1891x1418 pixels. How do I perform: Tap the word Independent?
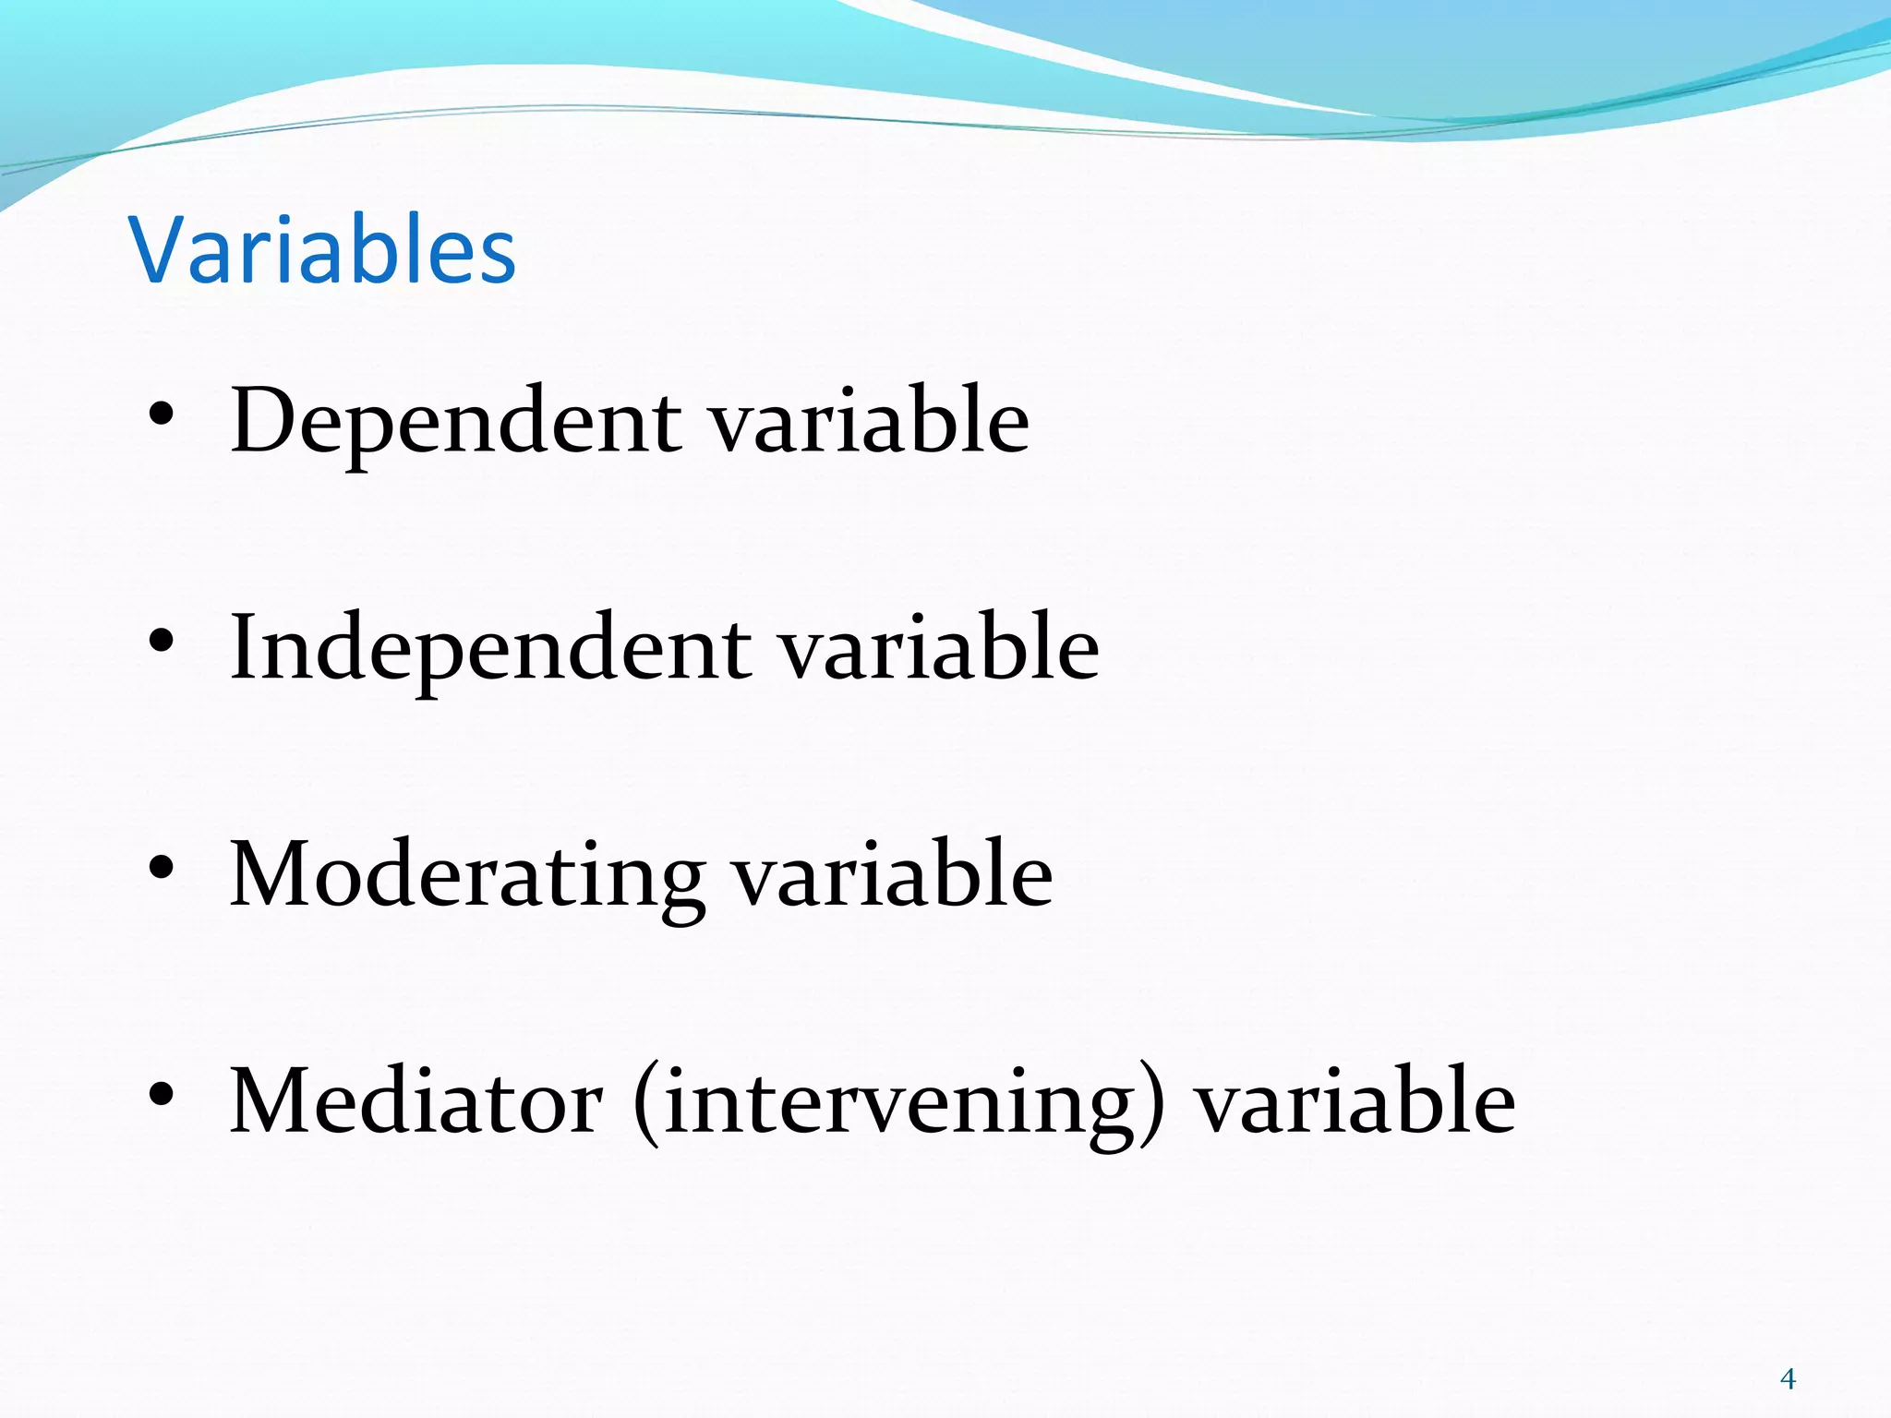coord(489,648)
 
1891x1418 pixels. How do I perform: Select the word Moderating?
coord(466,875)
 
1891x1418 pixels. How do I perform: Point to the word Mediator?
coord(416,1101)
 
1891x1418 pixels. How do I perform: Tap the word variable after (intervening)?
coord(1355,1101)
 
